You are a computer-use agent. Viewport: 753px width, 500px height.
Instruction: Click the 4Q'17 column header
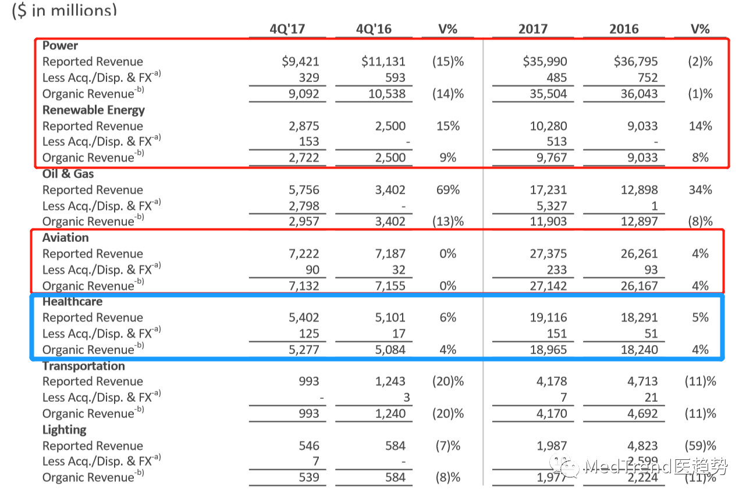[287, 29]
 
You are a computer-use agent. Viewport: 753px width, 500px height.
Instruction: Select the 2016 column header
[624, 29]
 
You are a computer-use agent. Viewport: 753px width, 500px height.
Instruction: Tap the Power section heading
[60, 45]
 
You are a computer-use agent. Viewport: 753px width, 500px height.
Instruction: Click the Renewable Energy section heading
[93, 110]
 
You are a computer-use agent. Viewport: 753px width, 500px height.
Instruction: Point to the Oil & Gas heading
[68, 174]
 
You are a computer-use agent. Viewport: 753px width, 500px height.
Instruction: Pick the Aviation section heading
[66, 238]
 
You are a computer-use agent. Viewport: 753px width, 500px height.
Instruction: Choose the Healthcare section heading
[72, 302]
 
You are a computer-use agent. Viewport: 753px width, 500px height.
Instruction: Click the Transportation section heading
[83, 366]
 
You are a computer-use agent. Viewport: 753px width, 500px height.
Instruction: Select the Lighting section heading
[64, 430]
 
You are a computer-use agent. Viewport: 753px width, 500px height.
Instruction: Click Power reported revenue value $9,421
[300, 62]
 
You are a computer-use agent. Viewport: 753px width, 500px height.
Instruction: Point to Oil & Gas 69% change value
[447, 190]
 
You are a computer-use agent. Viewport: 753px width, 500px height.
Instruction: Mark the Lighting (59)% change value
[700, 446]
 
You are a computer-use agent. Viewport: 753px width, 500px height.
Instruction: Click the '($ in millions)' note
[64, 10]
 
